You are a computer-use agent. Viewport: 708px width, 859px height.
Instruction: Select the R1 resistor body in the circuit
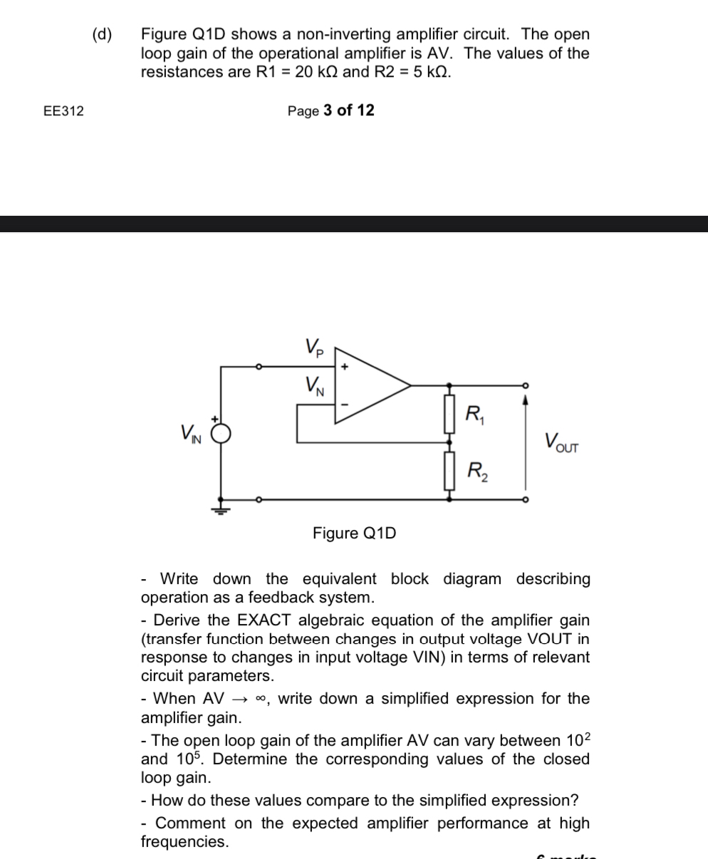[x=449, y=415]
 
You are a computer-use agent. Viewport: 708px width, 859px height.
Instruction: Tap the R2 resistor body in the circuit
[x=449, y=472]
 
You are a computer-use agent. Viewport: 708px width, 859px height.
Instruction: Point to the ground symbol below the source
[x=221, y=509]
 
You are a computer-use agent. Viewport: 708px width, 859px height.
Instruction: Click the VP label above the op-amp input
[x=314, y=347]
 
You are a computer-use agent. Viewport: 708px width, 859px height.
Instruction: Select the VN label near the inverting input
[x=314, y=386]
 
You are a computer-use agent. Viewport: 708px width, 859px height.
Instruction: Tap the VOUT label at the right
[x=562, y=442]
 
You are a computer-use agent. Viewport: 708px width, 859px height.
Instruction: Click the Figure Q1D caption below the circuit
[x=354, y=533]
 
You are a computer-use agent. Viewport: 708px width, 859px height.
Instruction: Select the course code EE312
[x=63, y=111]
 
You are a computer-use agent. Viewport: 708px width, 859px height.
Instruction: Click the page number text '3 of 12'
[x=348, y=110]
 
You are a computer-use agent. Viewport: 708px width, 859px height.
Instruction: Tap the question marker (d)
[x=102, y=34]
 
